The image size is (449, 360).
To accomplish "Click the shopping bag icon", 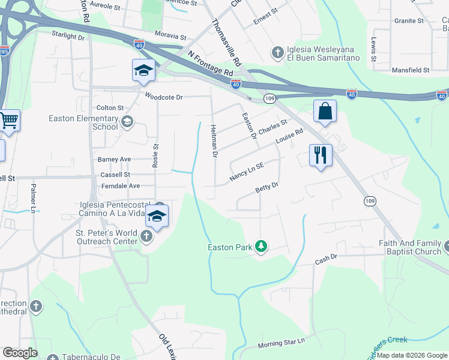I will coord(325,111).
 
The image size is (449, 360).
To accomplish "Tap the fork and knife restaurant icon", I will coord(321,155).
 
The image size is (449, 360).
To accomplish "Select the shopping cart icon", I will coord(8,121).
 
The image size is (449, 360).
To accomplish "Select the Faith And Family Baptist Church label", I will coord(410,247).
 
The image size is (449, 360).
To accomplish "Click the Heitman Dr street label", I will coord(214,142).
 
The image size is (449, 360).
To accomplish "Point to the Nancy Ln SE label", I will coord(247,175).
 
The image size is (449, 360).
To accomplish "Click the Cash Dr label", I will coord(327,262).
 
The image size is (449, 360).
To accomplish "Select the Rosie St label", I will coord(155,155).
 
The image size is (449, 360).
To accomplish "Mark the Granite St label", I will coord(409,21).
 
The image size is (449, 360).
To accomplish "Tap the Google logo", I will coord(20,353).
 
